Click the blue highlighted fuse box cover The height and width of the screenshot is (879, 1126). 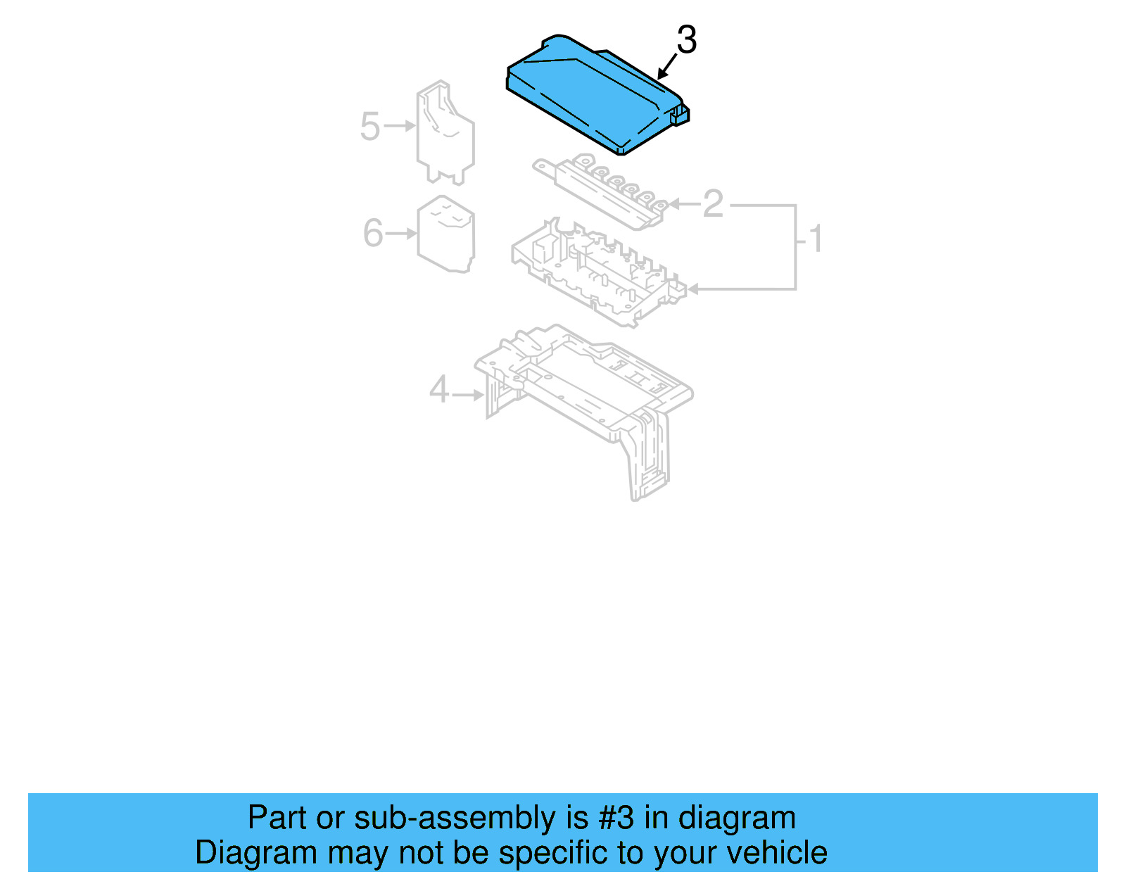(x=591, y=95)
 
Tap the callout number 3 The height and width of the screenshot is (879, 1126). (x=686, y=40)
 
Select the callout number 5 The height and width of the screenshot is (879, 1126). (x=369, y=127)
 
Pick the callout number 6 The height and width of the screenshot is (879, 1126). (x=372, y=233)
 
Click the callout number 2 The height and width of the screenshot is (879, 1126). (x=713, y=203)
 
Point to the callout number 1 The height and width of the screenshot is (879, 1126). (x=816, y=239)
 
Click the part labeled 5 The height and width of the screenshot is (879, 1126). (x=445, y=134)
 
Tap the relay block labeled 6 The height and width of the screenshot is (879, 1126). (x=446, y=234)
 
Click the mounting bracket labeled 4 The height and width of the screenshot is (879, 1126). (x=584, y=394)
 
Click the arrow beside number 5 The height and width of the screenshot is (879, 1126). (x=400, y=126)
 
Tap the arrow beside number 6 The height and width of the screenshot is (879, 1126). (x=402, y=233)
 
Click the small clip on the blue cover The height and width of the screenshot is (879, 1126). (x=681, y=115)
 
